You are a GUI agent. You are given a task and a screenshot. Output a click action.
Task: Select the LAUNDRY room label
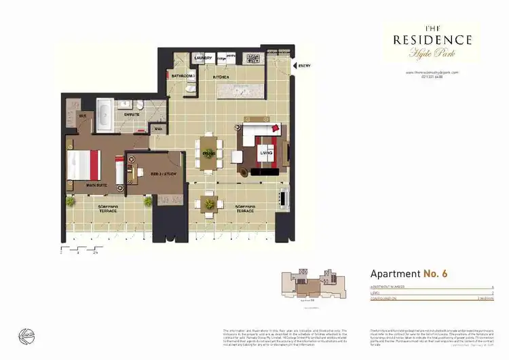coord(203,58)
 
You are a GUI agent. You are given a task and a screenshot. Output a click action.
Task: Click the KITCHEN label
coord(222,77)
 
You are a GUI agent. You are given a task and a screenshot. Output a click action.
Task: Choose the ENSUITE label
coord(132,115)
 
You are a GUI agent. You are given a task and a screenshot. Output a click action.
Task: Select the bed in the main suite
coord(84,165)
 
